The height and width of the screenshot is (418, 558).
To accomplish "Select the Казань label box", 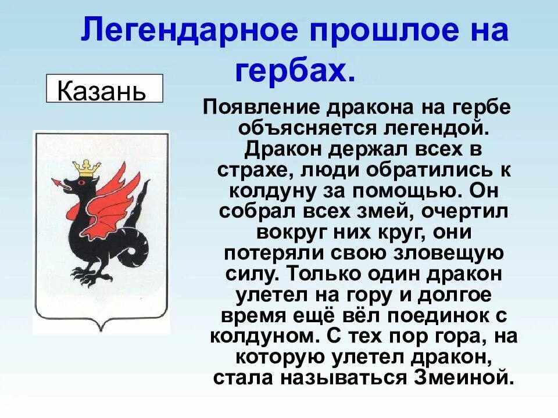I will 104,89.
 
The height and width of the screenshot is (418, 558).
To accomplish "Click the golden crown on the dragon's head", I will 87,168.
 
